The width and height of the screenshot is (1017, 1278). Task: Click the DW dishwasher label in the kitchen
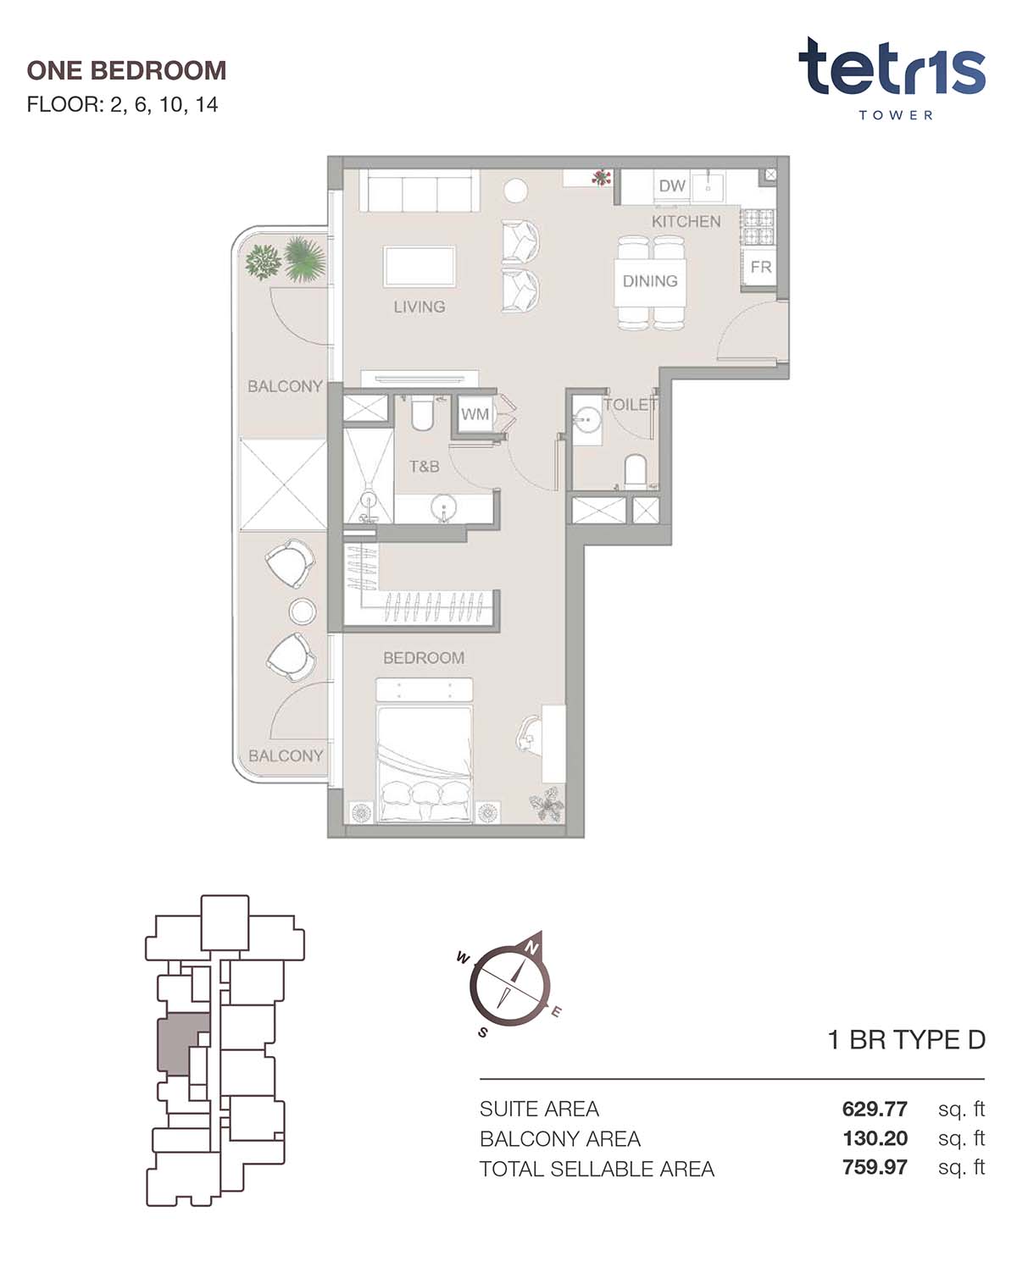point(672,185)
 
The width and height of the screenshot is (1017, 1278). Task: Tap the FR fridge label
point(760,268)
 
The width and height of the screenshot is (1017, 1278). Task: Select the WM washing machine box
point(475,414)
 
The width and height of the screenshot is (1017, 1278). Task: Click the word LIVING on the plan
point(419,307)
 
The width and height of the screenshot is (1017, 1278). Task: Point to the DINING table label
point(650,281)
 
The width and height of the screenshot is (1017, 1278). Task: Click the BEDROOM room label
point(423,658)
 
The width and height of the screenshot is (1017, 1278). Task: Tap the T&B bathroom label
point(424,467)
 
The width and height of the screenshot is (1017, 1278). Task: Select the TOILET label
point(631,405)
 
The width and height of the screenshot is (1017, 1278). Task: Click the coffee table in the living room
point(420,267)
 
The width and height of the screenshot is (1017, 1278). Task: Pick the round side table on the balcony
point(302,611)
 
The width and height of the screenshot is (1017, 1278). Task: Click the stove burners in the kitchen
point(758,228)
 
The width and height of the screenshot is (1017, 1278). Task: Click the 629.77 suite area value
point(875,1109)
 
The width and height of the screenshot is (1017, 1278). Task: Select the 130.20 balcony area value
point(875,1138)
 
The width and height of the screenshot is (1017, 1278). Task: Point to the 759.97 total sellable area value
point(875,1168)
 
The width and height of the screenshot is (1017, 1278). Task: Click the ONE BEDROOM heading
point(126,70)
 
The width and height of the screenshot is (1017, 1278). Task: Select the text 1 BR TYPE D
point(907,1040)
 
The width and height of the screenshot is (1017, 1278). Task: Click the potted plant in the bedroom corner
point(547,804)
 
